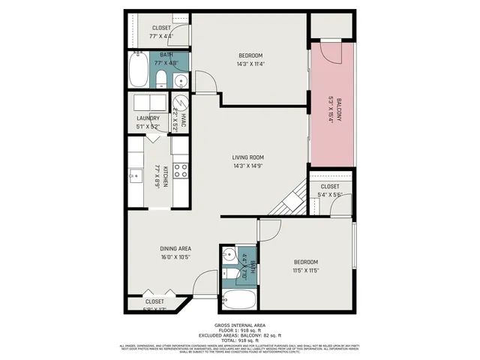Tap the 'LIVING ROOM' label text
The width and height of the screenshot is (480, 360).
(x=248, y=157)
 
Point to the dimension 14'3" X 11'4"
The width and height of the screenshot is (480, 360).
(x=251, y=64)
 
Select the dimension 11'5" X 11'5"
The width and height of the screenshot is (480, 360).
(x=305, y=270)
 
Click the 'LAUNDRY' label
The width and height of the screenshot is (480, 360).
(x=148, y=118)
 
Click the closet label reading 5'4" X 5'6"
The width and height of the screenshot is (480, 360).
(x=330, y=195)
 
